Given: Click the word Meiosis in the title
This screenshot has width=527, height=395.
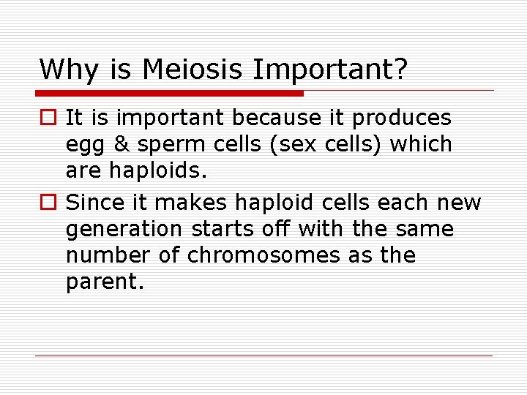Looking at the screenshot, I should tap(193, 69).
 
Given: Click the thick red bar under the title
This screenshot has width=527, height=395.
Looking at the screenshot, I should tap(169, 93).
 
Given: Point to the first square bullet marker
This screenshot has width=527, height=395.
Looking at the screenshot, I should tap(48, 118).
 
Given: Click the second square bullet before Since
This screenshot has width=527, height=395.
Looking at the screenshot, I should tap(48, 202).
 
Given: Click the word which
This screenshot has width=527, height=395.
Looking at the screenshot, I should tap(421, 145).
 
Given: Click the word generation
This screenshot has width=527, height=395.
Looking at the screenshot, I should tap(124, 230).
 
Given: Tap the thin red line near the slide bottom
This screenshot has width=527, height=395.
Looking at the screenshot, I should tap(263, 356).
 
